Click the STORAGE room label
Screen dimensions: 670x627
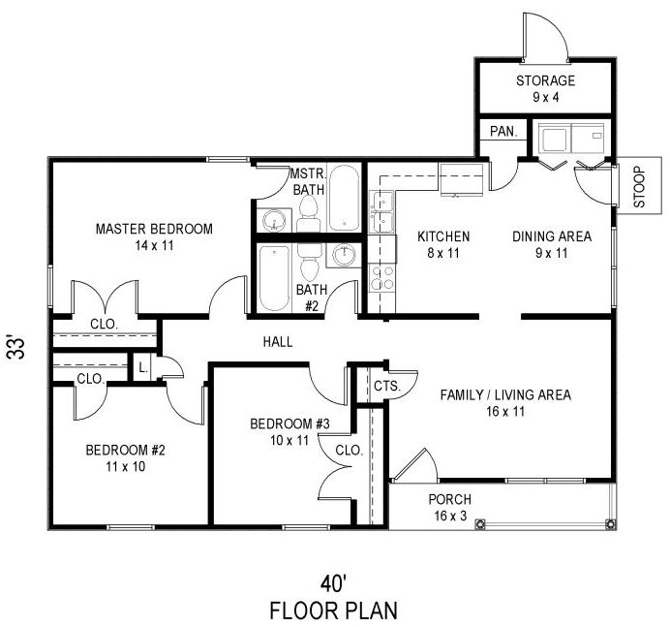point(545,80)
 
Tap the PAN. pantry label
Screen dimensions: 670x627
point(503,131)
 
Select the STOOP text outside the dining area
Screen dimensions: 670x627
point(639,187)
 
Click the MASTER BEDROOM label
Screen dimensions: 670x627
point(154,229)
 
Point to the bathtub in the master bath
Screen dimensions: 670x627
point(345,198)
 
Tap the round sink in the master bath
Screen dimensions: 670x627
point(273,221)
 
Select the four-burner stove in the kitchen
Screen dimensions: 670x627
point(382,278)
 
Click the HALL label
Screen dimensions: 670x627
point(278,342)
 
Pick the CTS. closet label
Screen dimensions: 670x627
point(387,387)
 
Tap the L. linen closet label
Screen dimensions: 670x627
point(143,368)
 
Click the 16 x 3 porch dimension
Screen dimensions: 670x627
point(450,516)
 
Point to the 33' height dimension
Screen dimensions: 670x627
point(16,348)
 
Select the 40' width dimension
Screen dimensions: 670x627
point(333,583)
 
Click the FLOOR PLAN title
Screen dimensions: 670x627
point(334,611)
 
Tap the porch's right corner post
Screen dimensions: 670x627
point(611,524)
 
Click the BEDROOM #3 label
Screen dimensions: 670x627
point(289,423)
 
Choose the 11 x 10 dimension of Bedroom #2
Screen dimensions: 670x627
point(126,466)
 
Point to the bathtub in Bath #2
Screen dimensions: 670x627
point(274,278)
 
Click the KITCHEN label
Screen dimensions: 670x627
point(443,236)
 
